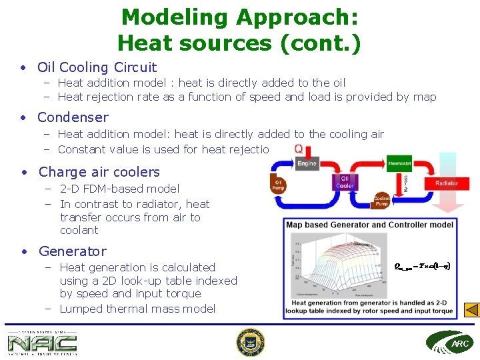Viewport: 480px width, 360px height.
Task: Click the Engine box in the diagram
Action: click(x=307, y=163)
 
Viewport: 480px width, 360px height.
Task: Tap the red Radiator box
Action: click(x=446, y=183)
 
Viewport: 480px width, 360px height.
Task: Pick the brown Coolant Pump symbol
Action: click(x=382, y=201)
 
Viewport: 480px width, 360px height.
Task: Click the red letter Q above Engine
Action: click(x=299, y=149)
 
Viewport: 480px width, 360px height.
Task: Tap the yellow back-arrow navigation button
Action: click(x=471, y=310)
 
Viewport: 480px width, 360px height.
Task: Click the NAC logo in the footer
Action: click(x=42, y=343)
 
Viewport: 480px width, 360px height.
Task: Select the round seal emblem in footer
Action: click(x=250, y=343)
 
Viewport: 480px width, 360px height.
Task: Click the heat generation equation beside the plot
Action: click(x=422, y=265)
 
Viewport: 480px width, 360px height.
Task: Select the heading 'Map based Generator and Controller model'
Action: click(x=369, y=225)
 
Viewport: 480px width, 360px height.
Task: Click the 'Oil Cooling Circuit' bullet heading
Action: click(x=97, y=67)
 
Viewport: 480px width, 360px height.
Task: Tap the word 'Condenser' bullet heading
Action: click(x=73, y=117)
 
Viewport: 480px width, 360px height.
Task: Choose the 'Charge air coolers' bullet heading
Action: click(x=99, y=172)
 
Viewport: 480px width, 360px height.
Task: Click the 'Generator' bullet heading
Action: click(x=72, y=251)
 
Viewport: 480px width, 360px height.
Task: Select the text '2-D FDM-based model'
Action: click(x=119, y=189)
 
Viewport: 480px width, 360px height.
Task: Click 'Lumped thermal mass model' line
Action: click(x=137, y=309)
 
